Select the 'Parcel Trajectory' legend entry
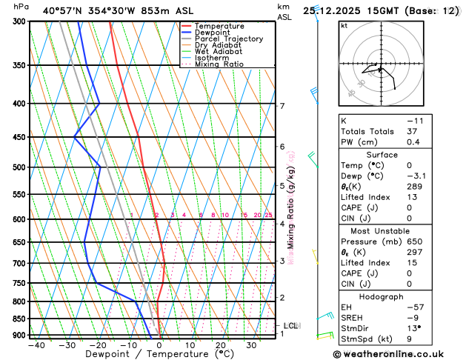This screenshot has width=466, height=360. coord(228,39)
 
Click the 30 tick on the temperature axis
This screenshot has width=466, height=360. coord(250,345)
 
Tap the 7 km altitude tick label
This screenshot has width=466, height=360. coord(282,106)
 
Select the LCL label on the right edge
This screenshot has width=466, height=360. coord(290,326)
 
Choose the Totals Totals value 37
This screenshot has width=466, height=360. coord(413,131)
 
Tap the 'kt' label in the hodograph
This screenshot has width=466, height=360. coord(344,25)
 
